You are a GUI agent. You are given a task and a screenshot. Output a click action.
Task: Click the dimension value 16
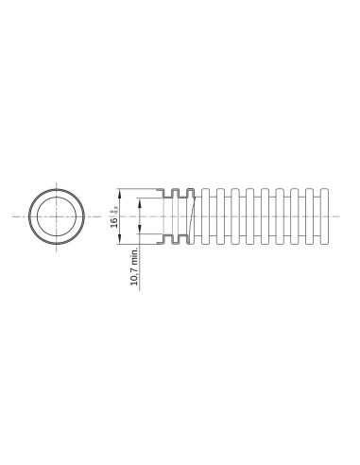click(x=112, y=222)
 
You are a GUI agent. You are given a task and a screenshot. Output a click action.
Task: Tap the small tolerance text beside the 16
click(x=113, y=209)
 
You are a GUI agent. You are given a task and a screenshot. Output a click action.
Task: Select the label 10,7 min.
click(x=135, y=267)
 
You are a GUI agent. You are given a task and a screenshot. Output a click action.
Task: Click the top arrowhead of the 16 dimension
click(x=119, y=187)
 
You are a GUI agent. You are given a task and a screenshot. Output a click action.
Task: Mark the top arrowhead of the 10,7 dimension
click(x=140, y=199)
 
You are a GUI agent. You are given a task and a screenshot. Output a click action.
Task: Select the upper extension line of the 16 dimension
click(x=142, y=186)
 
